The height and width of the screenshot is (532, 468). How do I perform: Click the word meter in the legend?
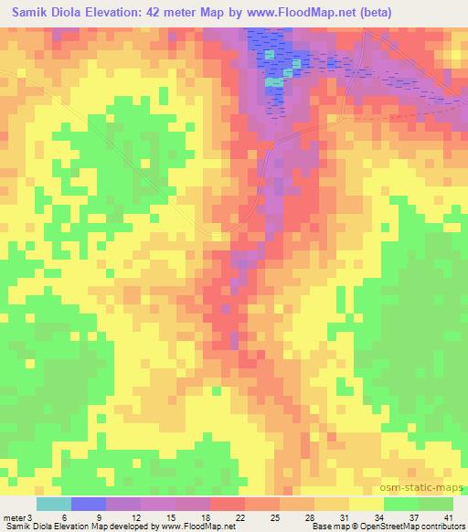(14, 517)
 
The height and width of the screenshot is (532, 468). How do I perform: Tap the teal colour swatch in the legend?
(54, 504)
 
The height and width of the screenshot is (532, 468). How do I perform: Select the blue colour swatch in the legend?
(89, 504)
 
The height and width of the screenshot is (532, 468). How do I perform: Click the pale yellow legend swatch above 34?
(367, 504)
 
